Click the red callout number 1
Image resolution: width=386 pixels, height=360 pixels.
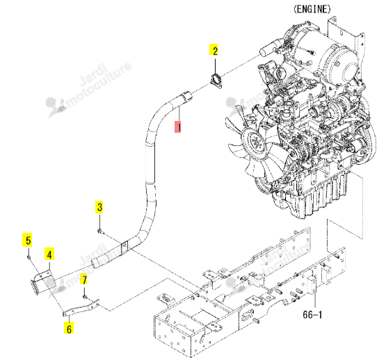click(x=178, y=126)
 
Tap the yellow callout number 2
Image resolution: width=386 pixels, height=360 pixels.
click(x=214, y=50)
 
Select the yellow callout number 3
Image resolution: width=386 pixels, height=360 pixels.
click(x=99, y=206)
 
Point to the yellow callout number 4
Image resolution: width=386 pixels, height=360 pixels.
click(x=49, y=254)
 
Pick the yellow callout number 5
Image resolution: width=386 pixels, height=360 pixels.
click(x=27, y=240)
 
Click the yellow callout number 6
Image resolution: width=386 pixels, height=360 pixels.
click(x=69, y=328)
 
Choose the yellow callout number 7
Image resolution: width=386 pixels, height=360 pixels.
click(x=84, y=279)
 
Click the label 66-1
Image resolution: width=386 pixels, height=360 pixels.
click(x=312, y=314)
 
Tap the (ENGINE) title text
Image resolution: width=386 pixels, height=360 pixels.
click(x=312, y=9)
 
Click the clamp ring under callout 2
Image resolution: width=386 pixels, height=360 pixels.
click(x=216, y=80)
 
